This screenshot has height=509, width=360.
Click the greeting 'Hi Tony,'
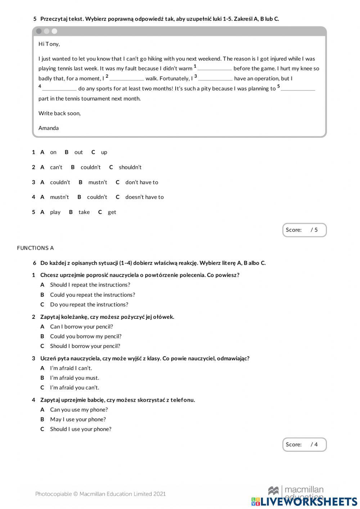click(49, 44)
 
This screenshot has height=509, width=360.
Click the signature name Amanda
click(49, 128)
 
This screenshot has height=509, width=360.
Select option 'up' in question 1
click(104, 152)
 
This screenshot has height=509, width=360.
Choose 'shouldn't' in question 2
click(130, 167)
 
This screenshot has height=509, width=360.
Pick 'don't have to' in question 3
click(141, 182)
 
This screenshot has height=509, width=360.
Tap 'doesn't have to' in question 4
click(144, 197)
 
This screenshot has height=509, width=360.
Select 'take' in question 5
click(84, 212)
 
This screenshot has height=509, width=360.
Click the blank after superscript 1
click(215, 68)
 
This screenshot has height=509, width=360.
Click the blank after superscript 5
click(298, 89)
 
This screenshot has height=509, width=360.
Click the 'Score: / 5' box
click(304, 230)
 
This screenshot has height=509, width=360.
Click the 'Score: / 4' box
click(304, 445)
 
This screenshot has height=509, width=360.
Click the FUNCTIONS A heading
click(35, 248)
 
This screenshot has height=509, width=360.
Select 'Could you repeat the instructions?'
click(93, 295)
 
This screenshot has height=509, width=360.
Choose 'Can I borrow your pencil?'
click(81, 327)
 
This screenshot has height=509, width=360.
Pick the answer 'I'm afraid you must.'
click(75, 378)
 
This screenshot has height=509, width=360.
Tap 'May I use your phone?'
click(78, 419)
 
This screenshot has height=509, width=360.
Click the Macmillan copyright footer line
click(100, 494)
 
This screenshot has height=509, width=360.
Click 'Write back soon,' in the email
click(59, 113)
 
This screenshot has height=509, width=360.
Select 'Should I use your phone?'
click(81, 429)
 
